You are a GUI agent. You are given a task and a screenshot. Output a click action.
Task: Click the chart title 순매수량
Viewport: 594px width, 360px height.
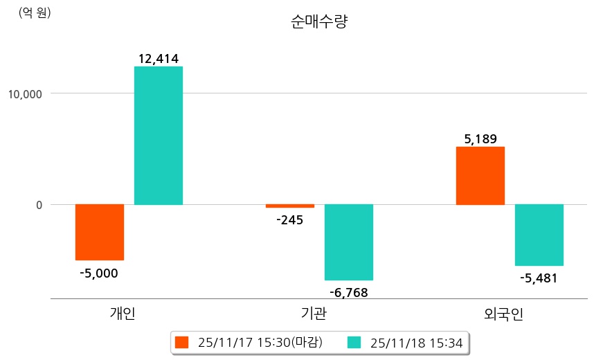tap(319, 22)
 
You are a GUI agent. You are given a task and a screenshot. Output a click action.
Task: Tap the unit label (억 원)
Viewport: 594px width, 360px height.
tap(35, 12)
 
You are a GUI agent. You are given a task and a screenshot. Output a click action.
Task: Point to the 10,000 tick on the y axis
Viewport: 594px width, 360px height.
tap(25, 93)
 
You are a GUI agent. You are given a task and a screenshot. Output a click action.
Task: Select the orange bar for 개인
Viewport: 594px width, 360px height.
tap(100, 232)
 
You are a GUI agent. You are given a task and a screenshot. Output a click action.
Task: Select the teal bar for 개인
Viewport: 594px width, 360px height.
tap(159, 136)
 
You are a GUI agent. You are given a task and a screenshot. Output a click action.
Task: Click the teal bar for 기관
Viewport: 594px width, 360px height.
tap(349, 242)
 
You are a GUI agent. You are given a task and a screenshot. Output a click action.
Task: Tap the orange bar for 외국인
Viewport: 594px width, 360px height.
tap(480, 176)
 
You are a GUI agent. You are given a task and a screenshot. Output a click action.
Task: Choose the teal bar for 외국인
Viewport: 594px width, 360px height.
tap(539, 235)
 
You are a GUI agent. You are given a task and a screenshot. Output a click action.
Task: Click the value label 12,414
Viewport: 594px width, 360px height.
tap(159, 59)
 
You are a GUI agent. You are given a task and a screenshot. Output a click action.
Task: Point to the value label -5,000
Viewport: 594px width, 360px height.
tap(99, 273)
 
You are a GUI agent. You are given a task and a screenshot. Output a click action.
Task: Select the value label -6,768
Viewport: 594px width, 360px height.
tap(348, 292)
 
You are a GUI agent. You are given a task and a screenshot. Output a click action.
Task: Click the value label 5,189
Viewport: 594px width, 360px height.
tap(480, 139)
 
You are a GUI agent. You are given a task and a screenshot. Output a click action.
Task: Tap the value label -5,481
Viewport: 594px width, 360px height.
tap(539, 278)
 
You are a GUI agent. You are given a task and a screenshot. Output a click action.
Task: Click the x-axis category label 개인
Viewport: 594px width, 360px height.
tap(123, 314)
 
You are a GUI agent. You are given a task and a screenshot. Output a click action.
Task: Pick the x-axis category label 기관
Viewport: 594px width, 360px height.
tap(314, 314)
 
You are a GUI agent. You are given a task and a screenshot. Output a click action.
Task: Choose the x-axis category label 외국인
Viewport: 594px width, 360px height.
tap(504, 314)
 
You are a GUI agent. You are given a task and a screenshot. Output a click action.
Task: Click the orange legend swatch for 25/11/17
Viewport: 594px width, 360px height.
tap(182, 342)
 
